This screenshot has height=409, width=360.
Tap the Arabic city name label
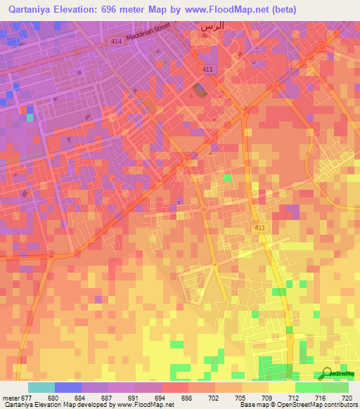click(212, 26)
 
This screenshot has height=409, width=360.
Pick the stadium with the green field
click(201, 90)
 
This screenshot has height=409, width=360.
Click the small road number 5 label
click(179, 202)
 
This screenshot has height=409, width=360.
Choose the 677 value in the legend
click(27, 397)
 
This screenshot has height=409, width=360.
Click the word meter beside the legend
click(10, 397)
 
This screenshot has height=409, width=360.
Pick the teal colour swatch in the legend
click(41, 387)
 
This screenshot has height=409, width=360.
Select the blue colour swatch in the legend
click(67, 387)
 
